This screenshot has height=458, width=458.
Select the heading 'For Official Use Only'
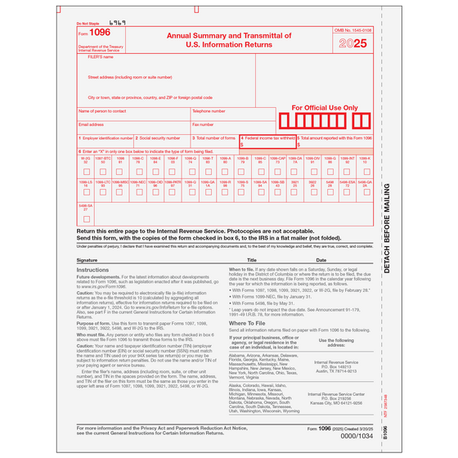(325, 107)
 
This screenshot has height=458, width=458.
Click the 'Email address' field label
(91, 124)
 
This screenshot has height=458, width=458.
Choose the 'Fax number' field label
(203, 124)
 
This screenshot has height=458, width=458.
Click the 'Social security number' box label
(159, 138)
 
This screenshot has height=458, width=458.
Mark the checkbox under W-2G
(86, 172)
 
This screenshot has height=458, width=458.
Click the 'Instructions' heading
(92, 269)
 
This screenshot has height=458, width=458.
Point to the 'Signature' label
(88, 259)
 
